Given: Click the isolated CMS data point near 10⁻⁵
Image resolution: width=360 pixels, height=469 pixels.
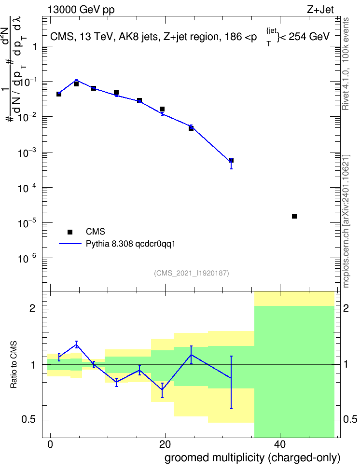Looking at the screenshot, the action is point(294,216).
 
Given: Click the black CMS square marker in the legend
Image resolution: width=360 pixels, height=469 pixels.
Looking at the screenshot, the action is point(70,232).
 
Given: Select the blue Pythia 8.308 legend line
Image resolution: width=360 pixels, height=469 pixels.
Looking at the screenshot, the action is point(70,244).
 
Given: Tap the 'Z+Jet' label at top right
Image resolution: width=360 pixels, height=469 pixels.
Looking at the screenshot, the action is point(320,10).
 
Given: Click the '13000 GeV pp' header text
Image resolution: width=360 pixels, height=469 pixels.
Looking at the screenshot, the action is point(81,10).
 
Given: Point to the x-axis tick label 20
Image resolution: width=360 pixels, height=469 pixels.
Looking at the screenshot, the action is point(165,444).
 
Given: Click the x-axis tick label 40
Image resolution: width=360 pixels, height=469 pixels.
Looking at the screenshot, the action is point(279,444).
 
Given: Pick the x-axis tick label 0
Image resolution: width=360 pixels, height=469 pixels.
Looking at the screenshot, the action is point(50,444).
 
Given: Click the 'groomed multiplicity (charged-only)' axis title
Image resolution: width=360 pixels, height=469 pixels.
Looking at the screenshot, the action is point(252,458).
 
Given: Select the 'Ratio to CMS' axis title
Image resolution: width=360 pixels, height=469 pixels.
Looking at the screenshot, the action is point(14,364).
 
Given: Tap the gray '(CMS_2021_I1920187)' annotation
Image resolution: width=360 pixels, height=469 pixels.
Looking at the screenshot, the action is point(192,273).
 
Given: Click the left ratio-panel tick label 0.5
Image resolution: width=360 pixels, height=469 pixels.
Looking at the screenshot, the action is point(28,420).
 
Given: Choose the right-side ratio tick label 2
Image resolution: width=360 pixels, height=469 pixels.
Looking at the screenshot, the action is point(346,308).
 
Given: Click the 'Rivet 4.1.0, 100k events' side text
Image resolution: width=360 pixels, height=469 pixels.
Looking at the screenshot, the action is point(346,64).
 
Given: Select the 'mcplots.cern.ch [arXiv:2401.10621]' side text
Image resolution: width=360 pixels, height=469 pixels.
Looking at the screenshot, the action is point(346,221).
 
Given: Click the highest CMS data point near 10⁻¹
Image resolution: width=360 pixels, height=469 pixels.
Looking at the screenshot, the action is point(76,84).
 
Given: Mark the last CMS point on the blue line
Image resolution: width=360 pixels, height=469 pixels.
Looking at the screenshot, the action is point(231,160).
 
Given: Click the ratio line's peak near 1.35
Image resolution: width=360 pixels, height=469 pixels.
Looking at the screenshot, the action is point(76,345).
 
